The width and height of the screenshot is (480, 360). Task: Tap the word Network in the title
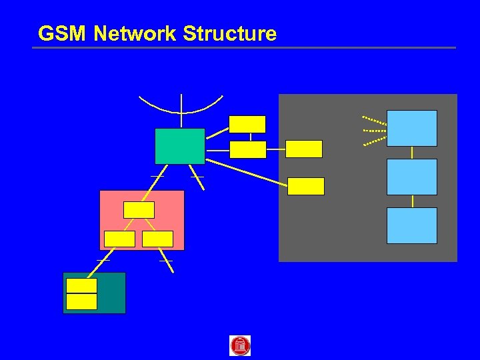click(135, 33)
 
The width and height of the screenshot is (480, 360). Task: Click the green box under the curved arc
click(179, 146)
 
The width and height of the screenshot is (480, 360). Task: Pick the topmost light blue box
click(412, 128)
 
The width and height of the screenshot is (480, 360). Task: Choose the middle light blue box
click(412, 177)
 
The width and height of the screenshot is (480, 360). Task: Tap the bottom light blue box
click(412, 225)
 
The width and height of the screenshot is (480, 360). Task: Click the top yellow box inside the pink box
click(139, 210)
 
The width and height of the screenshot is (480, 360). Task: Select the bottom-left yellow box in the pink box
click(120, 239)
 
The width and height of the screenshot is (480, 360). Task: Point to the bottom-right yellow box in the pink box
click(158, 239)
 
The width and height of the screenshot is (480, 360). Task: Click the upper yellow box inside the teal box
click(82, 286)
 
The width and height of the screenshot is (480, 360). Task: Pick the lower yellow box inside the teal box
click(82, 301)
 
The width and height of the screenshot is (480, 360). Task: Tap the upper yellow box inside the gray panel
click(304, 149)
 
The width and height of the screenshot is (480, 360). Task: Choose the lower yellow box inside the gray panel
click(306, 186)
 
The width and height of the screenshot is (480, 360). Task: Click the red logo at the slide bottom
click(240, 345)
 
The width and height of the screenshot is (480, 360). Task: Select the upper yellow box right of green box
click(247, 124)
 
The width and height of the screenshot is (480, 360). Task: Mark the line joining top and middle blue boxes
click(412, 153)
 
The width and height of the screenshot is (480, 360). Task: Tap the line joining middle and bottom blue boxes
click(412, 201)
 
